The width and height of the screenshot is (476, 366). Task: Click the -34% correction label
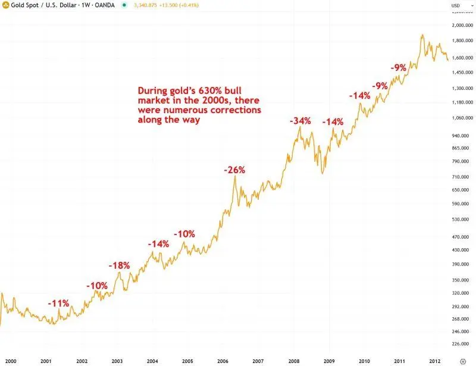[300, 121]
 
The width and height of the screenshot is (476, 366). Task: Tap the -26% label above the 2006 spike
[234, 170]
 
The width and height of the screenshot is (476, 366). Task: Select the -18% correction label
[120, 265]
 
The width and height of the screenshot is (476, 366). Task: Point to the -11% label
[58, 303]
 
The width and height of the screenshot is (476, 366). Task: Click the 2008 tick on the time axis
[293, 361]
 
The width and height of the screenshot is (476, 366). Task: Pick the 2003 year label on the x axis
[117, 361]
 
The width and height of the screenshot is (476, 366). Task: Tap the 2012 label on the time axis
[434, 361]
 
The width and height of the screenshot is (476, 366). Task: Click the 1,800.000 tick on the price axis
[463, 40]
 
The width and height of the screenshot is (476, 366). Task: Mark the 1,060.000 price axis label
[463, 118]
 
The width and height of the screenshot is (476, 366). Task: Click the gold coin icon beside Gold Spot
[5, 5]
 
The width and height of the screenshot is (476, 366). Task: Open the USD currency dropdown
[462, 5]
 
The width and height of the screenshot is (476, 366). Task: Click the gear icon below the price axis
[463, 361]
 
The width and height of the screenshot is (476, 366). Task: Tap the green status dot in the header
[124, 5]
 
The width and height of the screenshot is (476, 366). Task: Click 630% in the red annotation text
[210, 90]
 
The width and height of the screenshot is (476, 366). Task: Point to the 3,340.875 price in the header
[145, 5]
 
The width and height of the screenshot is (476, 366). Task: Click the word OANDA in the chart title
[105, 5]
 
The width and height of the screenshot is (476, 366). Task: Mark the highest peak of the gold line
[422, 35]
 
